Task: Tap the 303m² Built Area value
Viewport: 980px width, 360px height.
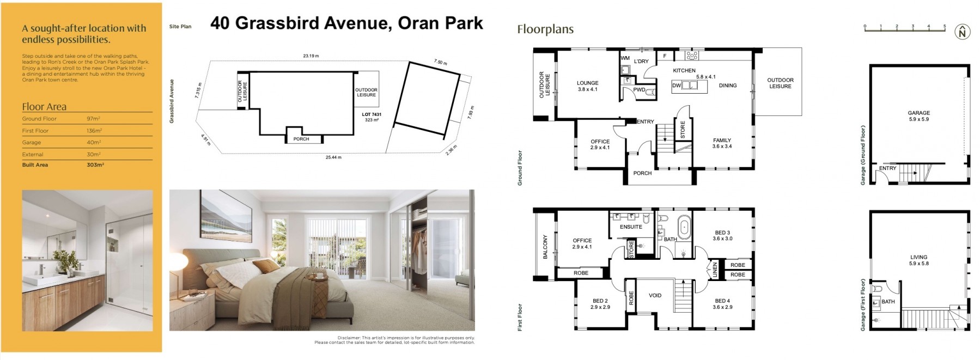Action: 95,164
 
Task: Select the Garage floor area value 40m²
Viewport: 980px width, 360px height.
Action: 94,142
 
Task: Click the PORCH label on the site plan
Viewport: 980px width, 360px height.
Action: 301,139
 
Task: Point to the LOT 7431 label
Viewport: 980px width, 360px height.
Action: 372,114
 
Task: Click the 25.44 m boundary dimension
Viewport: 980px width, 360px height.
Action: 334,157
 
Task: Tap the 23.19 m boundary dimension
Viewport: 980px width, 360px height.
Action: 311,56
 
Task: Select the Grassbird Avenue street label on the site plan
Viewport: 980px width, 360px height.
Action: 172,101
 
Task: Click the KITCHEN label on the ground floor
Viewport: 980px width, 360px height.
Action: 684,70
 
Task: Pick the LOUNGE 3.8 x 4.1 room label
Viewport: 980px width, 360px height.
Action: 588,86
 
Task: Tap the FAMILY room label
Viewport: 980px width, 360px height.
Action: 722,140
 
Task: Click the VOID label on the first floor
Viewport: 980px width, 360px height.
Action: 655,295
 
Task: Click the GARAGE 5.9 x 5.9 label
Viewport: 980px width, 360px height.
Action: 919,116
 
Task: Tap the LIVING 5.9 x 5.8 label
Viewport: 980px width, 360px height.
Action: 919,260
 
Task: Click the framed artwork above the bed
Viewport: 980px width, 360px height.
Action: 227,219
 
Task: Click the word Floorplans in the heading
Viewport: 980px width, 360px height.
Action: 545,29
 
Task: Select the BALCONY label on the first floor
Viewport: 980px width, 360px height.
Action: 545,247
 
